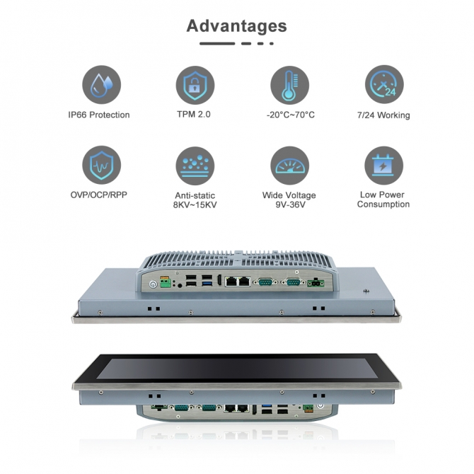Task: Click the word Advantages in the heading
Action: [237, 26]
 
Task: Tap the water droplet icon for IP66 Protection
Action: [102, 85]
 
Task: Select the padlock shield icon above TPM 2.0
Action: [195, 85]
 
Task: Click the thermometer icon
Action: [289, 85]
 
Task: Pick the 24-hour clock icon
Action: [384, 84]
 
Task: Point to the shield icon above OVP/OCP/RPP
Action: [102, 165]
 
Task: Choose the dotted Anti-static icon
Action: [195, 166]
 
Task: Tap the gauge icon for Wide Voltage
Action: [289, 166]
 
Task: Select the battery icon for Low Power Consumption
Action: [383, 166]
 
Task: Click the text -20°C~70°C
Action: [291, 115]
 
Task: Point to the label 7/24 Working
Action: [383, 115]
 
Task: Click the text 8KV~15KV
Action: [195, 204]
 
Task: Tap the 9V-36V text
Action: [290, 204]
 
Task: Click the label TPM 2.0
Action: [194, 115]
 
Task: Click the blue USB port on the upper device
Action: [207, 284]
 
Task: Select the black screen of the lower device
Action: [237, 368]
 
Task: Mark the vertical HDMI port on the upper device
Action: [219, 280]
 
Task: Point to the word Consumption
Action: [383, 204]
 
